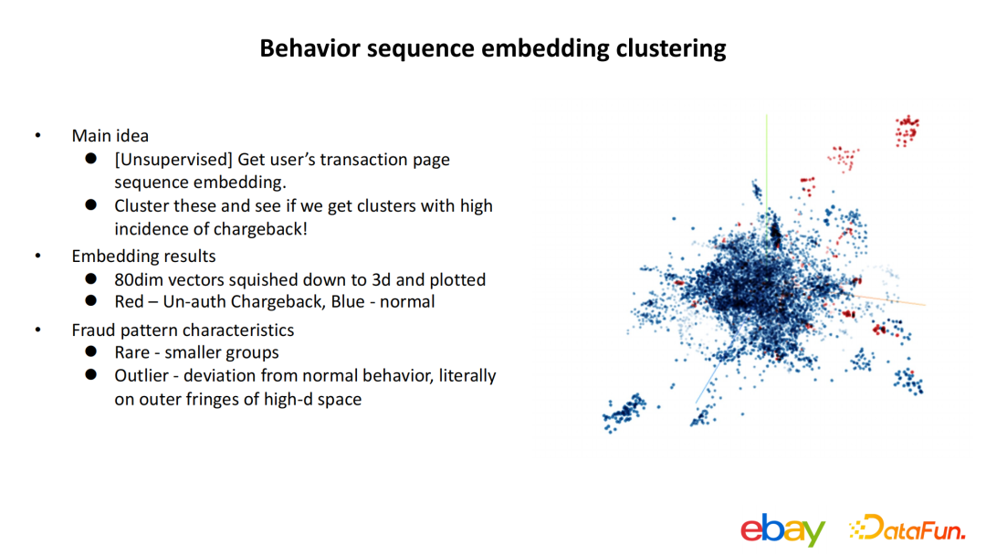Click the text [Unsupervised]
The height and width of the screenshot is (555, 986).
(173, 160)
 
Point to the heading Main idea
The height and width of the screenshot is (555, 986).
(110, 136)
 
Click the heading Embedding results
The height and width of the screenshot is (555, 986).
(143, 256)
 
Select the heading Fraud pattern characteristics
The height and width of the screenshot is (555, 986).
(183, 330)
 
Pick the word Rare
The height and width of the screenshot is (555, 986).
(133, 352)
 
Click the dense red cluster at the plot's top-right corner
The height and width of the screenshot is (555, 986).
(907, 131)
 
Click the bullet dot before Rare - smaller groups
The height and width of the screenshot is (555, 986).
(91, 352)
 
